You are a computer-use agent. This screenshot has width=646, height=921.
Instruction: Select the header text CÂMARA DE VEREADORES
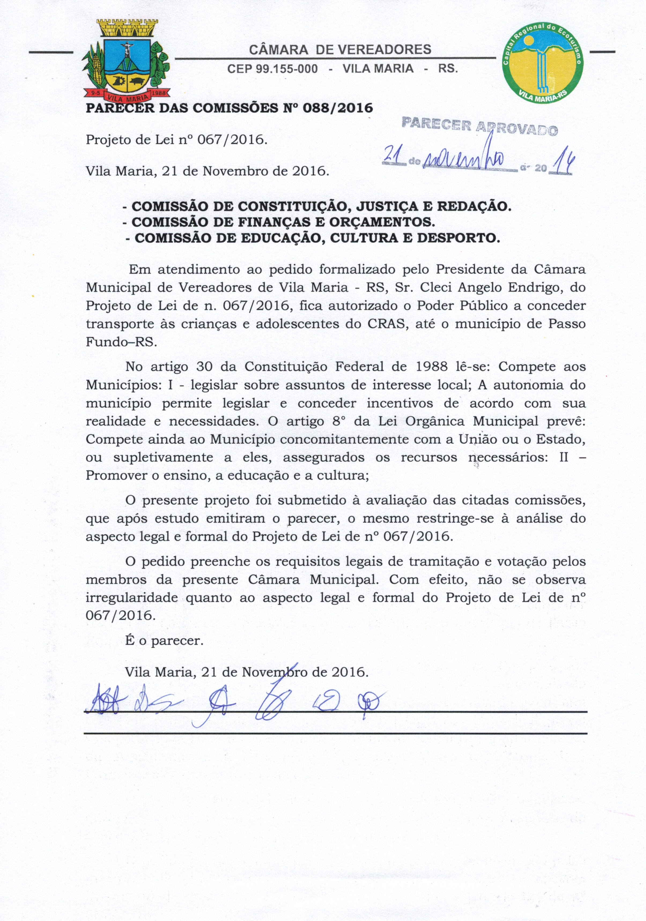point(340,50)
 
